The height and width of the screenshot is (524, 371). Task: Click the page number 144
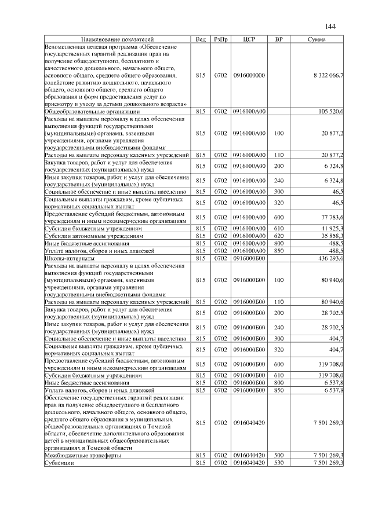point(330,26)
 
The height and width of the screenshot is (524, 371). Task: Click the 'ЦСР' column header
point(249,39)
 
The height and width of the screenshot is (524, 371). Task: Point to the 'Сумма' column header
point(317,39)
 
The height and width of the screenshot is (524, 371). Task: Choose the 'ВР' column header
point(279,39)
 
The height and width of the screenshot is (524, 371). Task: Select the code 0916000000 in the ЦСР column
point(249,75)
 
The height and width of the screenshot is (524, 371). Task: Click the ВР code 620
point(279,236)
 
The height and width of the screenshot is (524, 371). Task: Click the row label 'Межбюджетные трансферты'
point(83,456)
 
